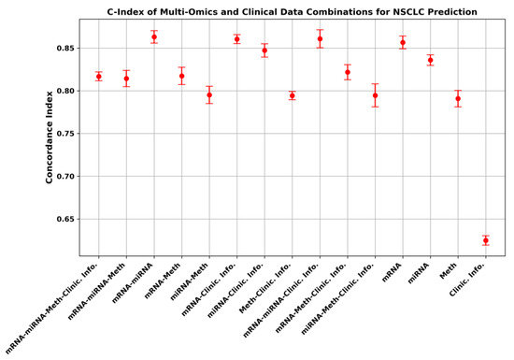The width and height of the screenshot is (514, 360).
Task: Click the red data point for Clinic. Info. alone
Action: pyautogui.click(x=486, y=240)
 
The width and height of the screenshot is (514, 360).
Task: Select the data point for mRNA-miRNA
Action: pyautogui.click(x=154, y=36)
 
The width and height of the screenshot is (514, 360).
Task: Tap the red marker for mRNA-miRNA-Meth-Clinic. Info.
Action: pyautogui.click(x=99, y=76)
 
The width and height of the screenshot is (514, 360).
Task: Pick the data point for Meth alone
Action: pyautogui.click(x=458, y=98)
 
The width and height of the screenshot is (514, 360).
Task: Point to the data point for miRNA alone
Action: pyautogui.click(x=431, y=60)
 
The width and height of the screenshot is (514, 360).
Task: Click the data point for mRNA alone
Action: pyautogui.click(x=403, y=42)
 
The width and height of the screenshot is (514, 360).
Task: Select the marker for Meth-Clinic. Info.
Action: pyautogui.click(x=293, y=95)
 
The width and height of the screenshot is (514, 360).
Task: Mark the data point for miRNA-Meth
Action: pyautogui.click(x=209, y=95)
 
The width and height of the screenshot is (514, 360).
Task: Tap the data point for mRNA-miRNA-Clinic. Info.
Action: pyautogui.click(x=320, y=38)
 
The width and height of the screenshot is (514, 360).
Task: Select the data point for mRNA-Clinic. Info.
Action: pyautogui.click(x=237, y=39)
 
